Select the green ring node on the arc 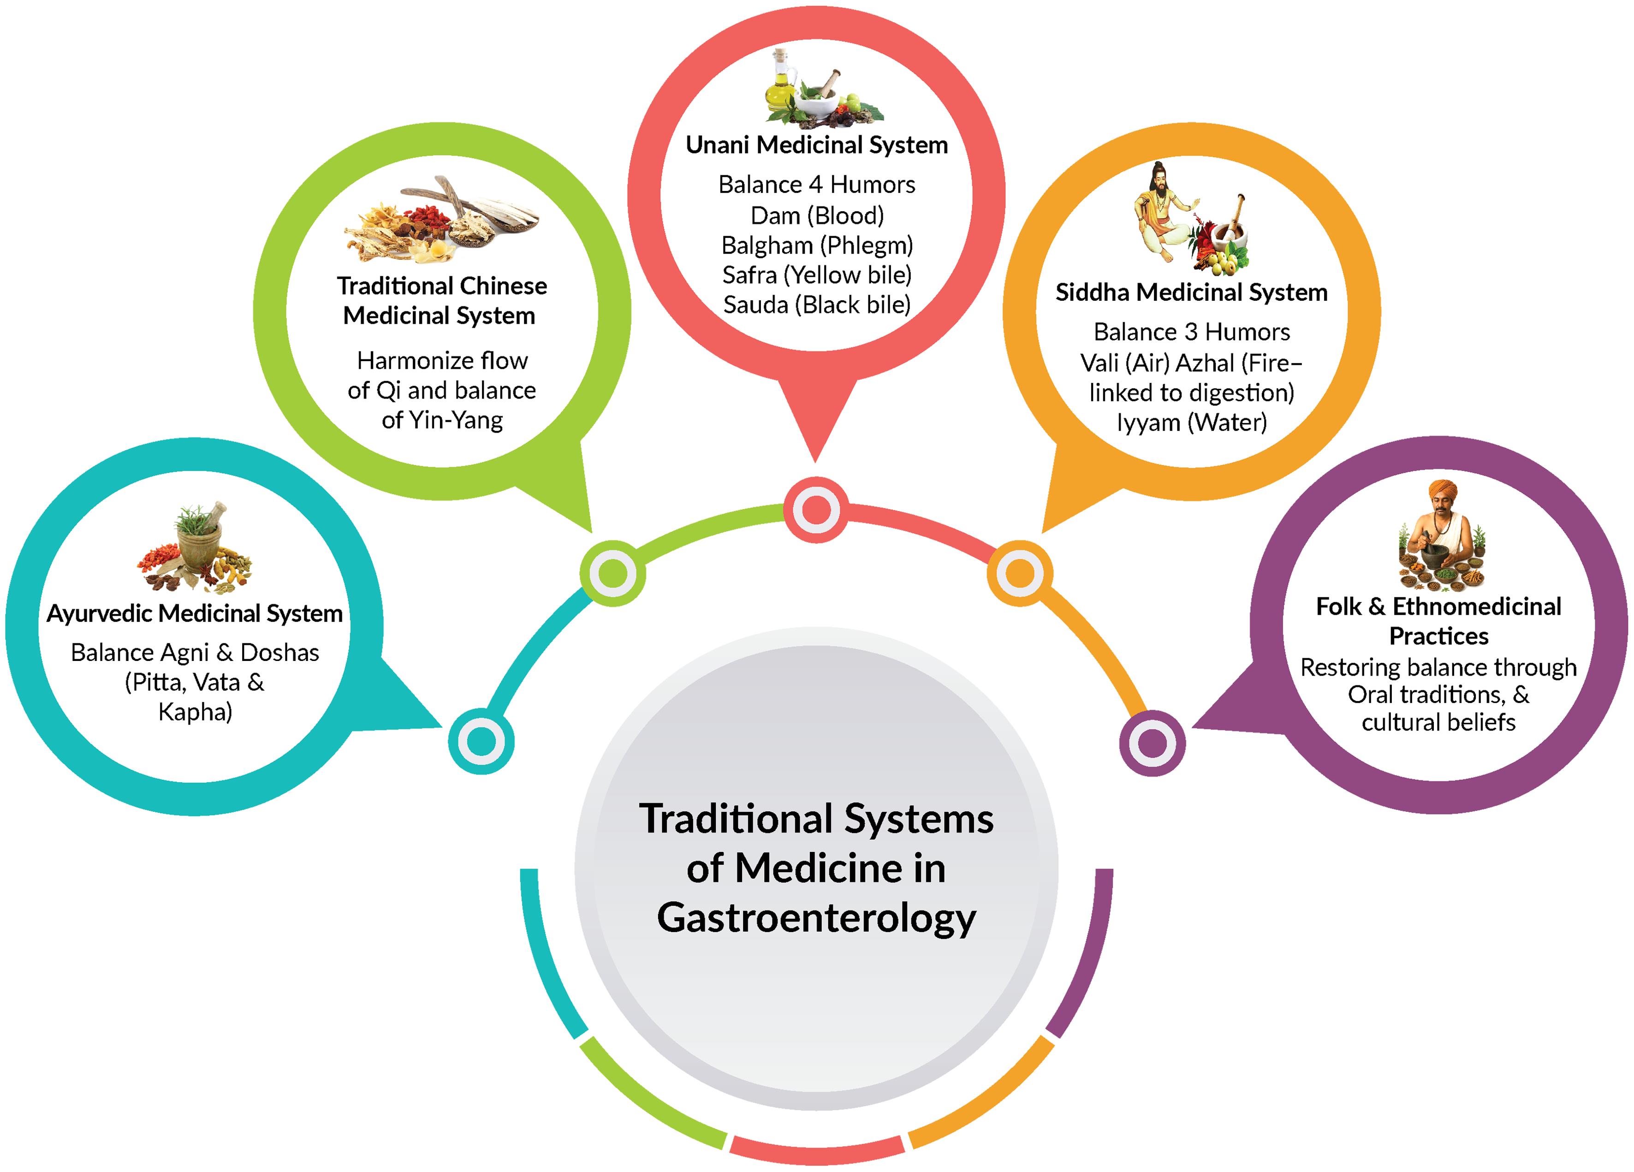pyautogui.click(x=612, y=573)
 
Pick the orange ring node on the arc pyautogui.click(x=1019, y=573)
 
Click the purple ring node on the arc pyautogui.click(x=1152, y=743)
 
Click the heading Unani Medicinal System pyautogui.click(x=816, y=145)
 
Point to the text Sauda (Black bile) pyautogui.click(x=816, y=305)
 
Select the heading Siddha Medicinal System pyautogui.click(x=1191, y=292)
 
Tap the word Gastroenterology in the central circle pyautogui.click(x=816, y=918)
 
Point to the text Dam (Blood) pyautogui.click(x=816, y=215)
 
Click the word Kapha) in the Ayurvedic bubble pyautogui.click(x=195, y=712)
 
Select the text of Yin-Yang pyautogui.click(x=442, y=420)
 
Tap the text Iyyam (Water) pyautogui.click(x=1191, y=422)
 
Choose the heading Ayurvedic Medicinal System pyautogui.click(x=195, y=613)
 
